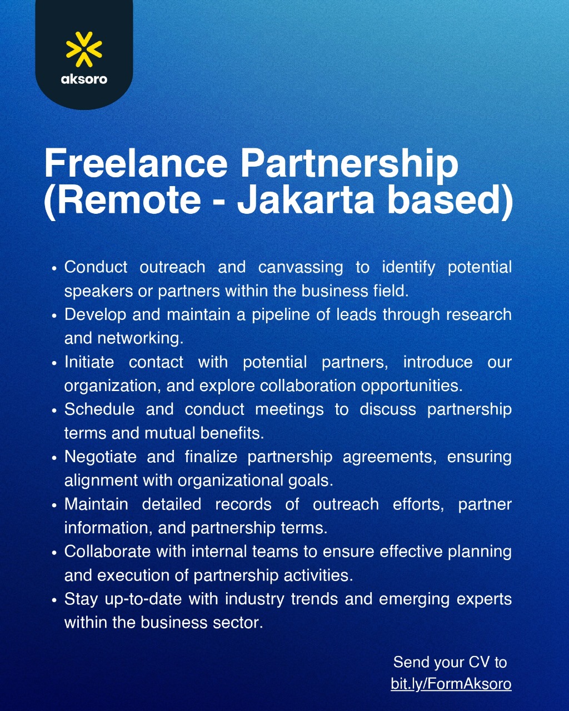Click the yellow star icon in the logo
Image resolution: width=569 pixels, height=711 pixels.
click(x=84, y=49)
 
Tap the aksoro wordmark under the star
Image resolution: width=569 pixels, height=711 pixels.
click(x=84, y=79)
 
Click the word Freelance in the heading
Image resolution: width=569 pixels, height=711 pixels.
click(x=136, y=163)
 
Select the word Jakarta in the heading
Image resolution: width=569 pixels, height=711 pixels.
click(x=306, y=200)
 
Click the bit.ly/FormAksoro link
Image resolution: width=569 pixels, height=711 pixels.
click(x=451, y=684)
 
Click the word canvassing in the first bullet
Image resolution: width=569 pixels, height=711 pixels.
click(x=301, y=267)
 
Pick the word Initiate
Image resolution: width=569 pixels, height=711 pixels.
click(x=89, y=362)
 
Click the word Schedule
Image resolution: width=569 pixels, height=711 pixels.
click(x=99, y=409)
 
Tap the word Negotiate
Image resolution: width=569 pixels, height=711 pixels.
click(x=101, y=457)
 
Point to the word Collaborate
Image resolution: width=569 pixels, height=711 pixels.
click(x=107, y=552)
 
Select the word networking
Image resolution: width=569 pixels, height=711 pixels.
click(x=141, y=338)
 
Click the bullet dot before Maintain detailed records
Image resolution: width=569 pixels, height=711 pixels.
click(x=54, y=505)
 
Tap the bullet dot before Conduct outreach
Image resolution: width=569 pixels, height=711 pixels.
click(x=54, y=268)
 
